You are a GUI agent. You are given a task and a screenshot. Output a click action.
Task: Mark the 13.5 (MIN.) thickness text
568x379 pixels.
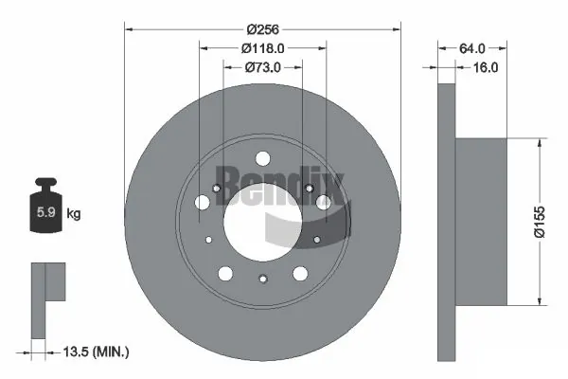coord(93,352)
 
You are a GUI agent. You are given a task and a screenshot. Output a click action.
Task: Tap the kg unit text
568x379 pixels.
coord(74,214)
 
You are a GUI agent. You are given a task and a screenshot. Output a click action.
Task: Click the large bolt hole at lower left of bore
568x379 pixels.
coord(225,273)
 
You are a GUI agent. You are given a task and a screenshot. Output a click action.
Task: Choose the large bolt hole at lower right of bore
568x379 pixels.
coord(300,273)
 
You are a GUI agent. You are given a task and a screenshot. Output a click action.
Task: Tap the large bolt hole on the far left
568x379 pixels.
coord(202,202)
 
